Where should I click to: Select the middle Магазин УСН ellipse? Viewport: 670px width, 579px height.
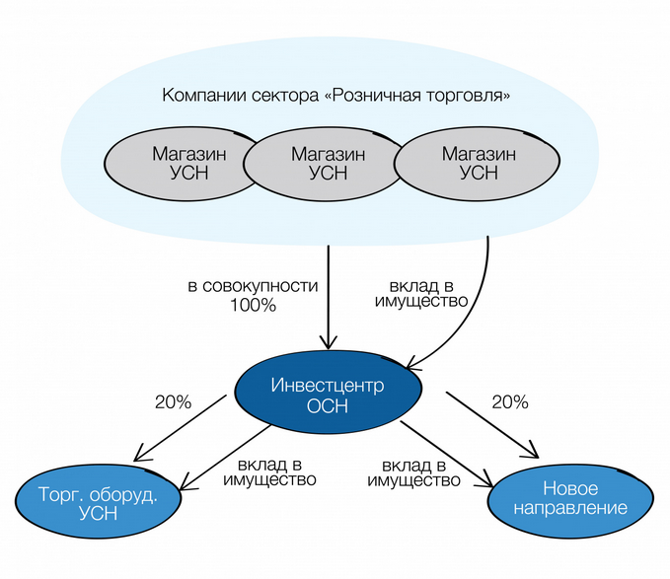(327, 164)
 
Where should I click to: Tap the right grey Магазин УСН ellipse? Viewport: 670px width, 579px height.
(478, 163)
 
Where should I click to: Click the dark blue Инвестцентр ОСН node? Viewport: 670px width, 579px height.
(329, 393)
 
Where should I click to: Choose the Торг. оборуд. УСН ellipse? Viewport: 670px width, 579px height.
(99, 504)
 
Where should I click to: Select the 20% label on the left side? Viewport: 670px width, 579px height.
(173, 401)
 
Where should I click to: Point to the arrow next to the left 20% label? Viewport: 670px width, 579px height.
(187, 428)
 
